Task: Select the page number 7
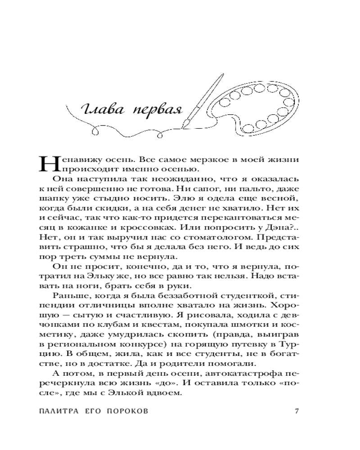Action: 296,411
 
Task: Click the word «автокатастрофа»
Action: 251,374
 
